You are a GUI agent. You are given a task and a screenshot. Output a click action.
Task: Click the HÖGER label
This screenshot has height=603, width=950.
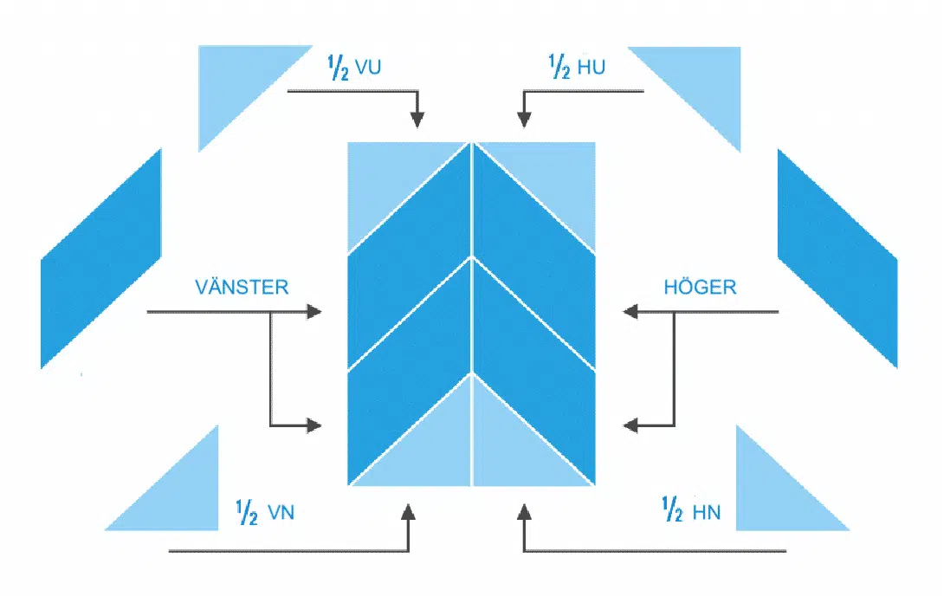click(700, 287)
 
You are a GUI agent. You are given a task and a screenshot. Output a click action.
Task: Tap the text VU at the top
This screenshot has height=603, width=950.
click(369, 68)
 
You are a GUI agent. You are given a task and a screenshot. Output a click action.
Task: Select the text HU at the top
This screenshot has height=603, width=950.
click(588, 68)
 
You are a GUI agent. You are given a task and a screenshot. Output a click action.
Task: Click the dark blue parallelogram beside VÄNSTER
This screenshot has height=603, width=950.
click(101, 260)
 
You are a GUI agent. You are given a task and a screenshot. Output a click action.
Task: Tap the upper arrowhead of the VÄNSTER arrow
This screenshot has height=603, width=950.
click(313, 311)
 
